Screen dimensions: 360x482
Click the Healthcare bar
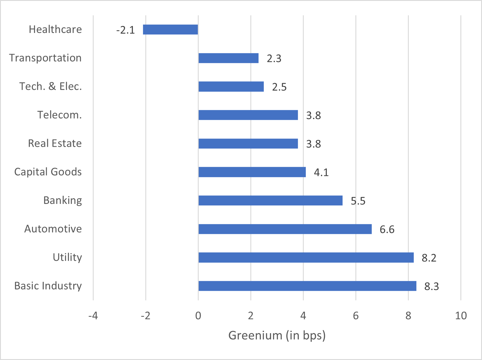(170, 29)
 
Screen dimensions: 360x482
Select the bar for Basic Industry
(307, 286)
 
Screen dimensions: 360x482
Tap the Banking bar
(270, 200)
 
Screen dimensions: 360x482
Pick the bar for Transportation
(228, 58)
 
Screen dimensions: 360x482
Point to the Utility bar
(306, 258)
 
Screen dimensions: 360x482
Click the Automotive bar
(285, 229)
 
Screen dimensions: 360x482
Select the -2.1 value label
(125, 30)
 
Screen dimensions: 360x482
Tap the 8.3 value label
(432, 286)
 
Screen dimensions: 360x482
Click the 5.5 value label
(358, 201)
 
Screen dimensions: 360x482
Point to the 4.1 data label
(321, 172)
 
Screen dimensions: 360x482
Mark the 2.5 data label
(279, 87)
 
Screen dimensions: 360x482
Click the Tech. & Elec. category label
(50, 86)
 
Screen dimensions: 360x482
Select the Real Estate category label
(55, 143)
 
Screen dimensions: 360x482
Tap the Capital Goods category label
(48, 172)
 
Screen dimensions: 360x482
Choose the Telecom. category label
(60, 115)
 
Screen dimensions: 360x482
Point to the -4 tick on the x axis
(93, 316)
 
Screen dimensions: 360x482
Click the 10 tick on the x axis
(461, 316)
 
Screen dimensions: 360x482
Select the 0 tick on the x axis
(198, 316)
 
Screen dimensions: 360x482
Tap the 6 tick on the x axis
(356, 316)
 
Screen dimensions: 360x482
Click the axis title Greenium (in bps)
(277, 335)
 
